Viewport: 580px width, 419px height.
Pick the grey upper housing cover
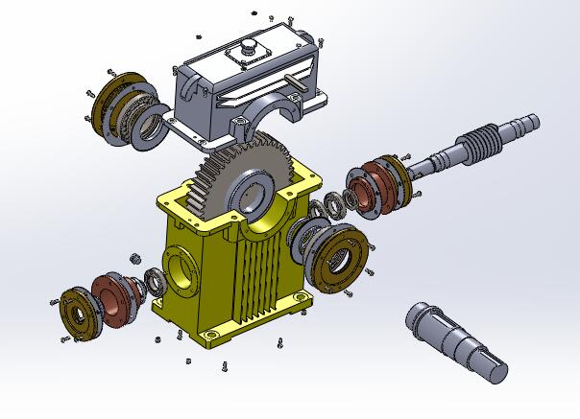coord(250,81)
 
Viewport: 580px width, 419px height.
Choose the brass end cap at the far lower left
coord(75,312)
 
